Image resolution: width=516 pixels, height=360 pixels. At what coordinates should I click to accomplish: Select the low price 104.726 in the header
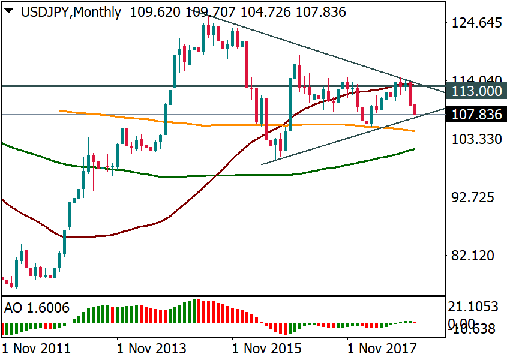coord(268,11)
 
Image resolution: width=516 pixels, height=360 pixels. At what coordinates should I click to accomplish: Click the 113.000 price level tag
coord(476,91)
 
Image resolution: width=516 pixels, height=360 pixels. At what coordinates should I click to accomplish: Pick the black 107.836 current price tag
coord(476,114)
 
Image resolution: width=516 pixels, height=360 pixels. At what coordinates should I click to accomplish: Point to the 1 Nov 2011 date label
coord(36,347)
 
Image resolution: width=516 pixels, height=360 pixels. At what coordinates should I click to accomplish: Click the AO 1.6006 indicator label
coord(37,308)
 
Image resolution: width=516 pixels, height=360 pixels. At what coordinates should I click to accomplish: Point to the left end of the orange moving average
coord(60,111)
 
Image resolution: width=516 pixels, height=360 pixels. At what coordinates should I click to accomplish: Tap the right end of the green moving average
coord(415,149)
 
